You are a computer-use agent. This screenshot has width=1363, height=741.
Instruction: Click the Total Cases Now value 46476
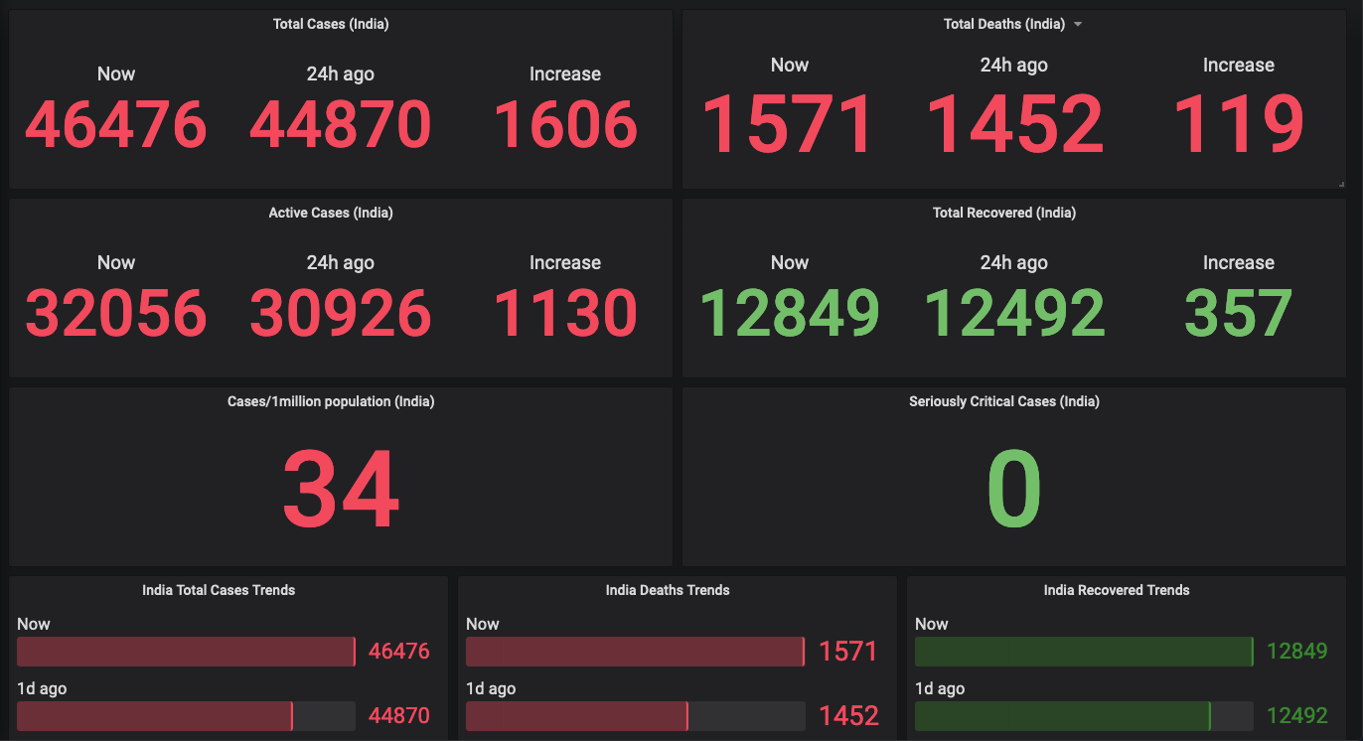pyautogui.click(x=116, y=125)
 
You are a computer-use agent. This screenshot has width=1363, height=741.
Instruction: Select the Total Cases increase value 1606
pyautogui.click(x=565, y=125)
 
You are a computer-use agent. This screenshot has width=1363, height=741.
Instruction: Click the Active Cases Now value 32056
pyautogui.click(x=116, y=313)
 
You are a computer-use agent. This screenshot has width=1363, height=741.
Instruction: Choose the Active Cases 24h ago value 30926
pyautogui.click(x=341, y=313)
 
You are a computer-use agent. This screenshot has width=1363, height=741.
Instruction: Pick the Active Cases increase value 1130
pyautogui.click(x=565, y=313)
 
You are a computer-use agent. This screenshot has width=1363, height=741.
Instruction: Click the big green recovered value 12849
pyautogui.click(x=790, y=313)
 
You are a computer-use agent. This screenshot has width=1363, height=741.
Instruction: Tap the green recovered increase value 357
pyautogui.click(x=1238, y=313)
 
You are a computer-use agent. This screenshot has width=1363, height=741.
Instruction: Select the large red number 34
pyautogui.click(x=341, y=491)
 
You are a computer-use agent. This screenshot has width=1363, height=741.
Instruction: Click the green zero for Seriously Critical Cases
pyautogui.click(x=1014, y=491)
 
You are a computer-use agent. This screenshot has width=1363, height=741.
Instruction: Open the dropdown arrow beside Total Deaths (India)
pyautogui.click(x=1078, y=25)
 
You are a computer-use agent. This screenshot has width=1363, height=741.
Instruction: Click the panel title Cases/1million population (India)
pyautogui.click(x=331, y=402)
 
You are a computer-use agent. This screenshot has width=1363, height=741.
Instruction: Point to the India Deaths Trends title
pyautogui.click(x=668, y=590)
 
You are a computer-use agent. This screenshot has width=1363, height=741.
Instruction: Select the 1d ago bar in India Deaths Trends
pyautogui.click(x=577, y=716)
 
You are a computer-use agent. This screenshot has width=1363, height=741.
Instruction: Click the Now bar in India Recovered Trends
pyautogui.click(x=1083, y=652)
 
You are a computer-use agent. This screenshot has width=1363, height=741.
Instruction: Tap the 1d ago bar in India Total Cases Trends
pyautogui.click(x=154, y=716)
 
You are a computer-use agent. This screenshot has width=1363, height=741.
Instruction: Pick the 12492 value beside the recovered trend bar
pyautogui.click(x=1297, y=716)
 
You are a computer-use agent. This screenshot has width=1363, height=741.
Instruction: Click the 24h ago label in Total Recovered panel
pyautogui.click(x=1013, y=262)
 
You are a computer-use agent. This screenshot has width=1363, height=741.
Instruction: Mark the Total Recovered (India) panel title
pyautogui.click(x=1004, y=213)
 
